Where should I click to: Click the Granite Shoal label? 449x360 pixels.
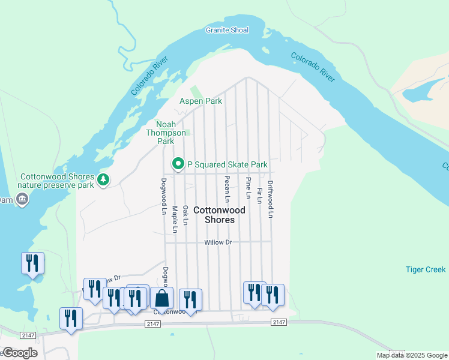tap(227, 29)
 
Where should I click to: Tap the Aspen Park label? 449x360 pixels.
tap(201, 101)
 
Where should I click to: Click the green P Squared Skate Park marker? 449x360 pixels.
tap(178, 164)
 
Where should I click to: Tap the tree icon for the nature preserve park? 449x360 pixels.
tap(104, 179)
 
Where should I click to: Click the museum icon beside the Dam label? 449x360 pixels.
tap(22, 200)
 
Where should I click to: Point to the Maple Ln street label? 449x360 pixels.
tap(175, 220)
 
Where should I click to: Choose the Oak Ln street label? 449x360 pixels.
tap(185, 215)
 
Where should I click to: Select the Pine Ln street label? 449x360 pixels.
tap(248, 188)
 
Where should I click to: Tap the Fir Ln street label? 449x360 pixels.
tap(259, 196)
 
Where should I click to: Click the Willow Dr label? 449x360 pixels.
tap(218, 242)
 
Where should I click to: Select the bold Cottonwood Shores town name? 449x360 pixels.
tap(219, 215)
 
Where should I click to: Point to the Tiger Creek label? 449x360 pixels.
tap(426, 270)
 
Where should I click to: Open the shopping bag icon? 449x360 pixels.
tap(162, 298)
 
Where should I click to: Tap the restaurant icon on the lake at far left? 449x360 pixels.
tap(33, 263)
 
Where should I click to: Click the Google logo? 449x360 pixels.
tap(19, 353)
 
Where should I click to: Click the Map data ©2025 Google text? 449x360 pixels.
tap(412, 355)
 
